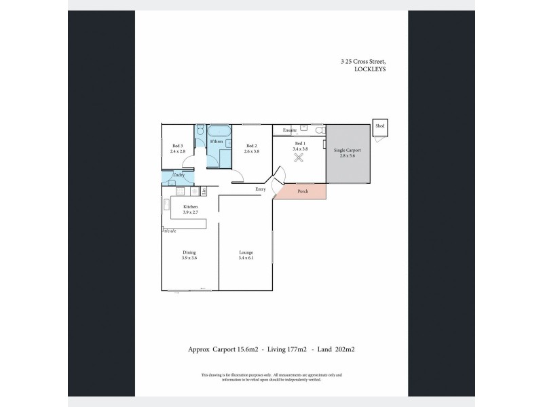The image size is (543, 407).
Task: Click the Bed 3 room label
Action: click(178, 149)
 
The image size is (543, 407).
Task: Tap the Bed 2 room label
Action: click(251, 149)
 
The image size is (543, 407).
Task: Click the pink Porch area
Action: click(303, 191)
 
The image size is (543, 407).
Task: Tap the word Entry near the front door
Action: click(260, 189)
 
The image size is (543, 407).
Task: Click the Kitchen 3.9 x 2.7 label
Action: click(190, 209)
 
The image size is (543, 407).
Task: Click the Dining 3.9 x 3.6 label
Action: click(189, 255)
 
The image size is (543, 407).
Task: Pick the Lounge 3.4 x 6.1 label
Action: click(246, 255)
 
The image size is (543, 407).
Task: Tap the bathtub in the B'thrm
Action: click(219, 130)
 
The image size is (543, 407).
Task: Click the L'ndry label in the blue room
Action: click(178, 176)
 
